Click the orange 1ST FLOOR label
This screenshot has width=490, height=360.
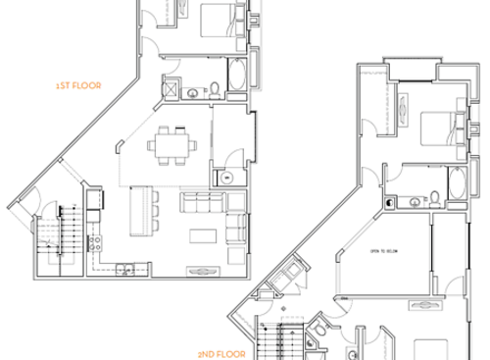(x=79, y=85)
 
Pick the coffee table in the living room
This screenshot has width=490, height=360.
(x=204, y=235)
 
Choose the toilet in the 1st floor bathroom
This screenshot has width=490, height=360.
(x=214, y=90)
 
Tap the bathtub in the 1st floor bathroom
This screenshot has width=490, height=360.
(x=238, y=75)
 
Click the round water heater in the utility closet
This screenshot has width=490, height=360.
(x=225, y=179)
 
